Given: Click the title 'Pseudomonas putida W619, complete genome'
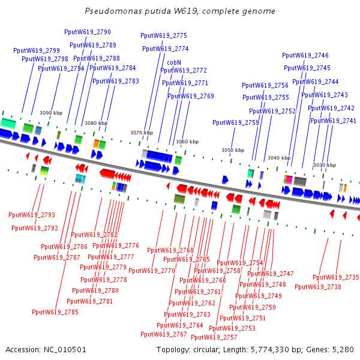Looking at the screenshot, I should pyautogui.click(x=180, y=11).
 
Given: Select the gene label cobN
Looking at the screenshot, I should pyautogui.click(x=174, y=62).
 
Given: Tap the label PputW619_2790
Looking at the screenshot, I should pyautogui.click(x=88, y=32).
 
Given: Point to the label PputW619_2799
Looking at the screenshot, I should pyautogui.click(x=37, y=50).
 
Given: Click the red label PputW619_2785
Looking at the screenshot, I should pyautogui.click(x=55, y=312).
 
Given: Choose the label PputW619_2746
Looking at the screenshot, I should pyautogui.click(x=305, y=55).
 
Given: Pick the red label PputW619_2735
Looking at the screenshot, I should pyautogui.click(x=336, y=277).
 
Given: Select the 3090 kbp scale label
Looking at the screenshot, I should pyautogui.click(x=51, y=113).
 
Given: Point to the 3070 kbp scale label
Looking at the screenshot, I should pyautogui.click(x=142, y=133).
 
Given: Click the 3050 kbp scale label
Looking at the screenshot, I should pyautogui.click(x=233, y=150).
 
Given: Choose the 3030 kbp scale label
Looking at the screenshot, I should pyautogui.click(x=324, y=165).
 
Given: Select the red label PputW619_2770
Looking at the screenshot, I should pyautogui.click(x=152, y=271).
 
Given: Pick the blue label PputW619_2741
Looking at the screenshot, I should pyautogui.click(x=333, y=121).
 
